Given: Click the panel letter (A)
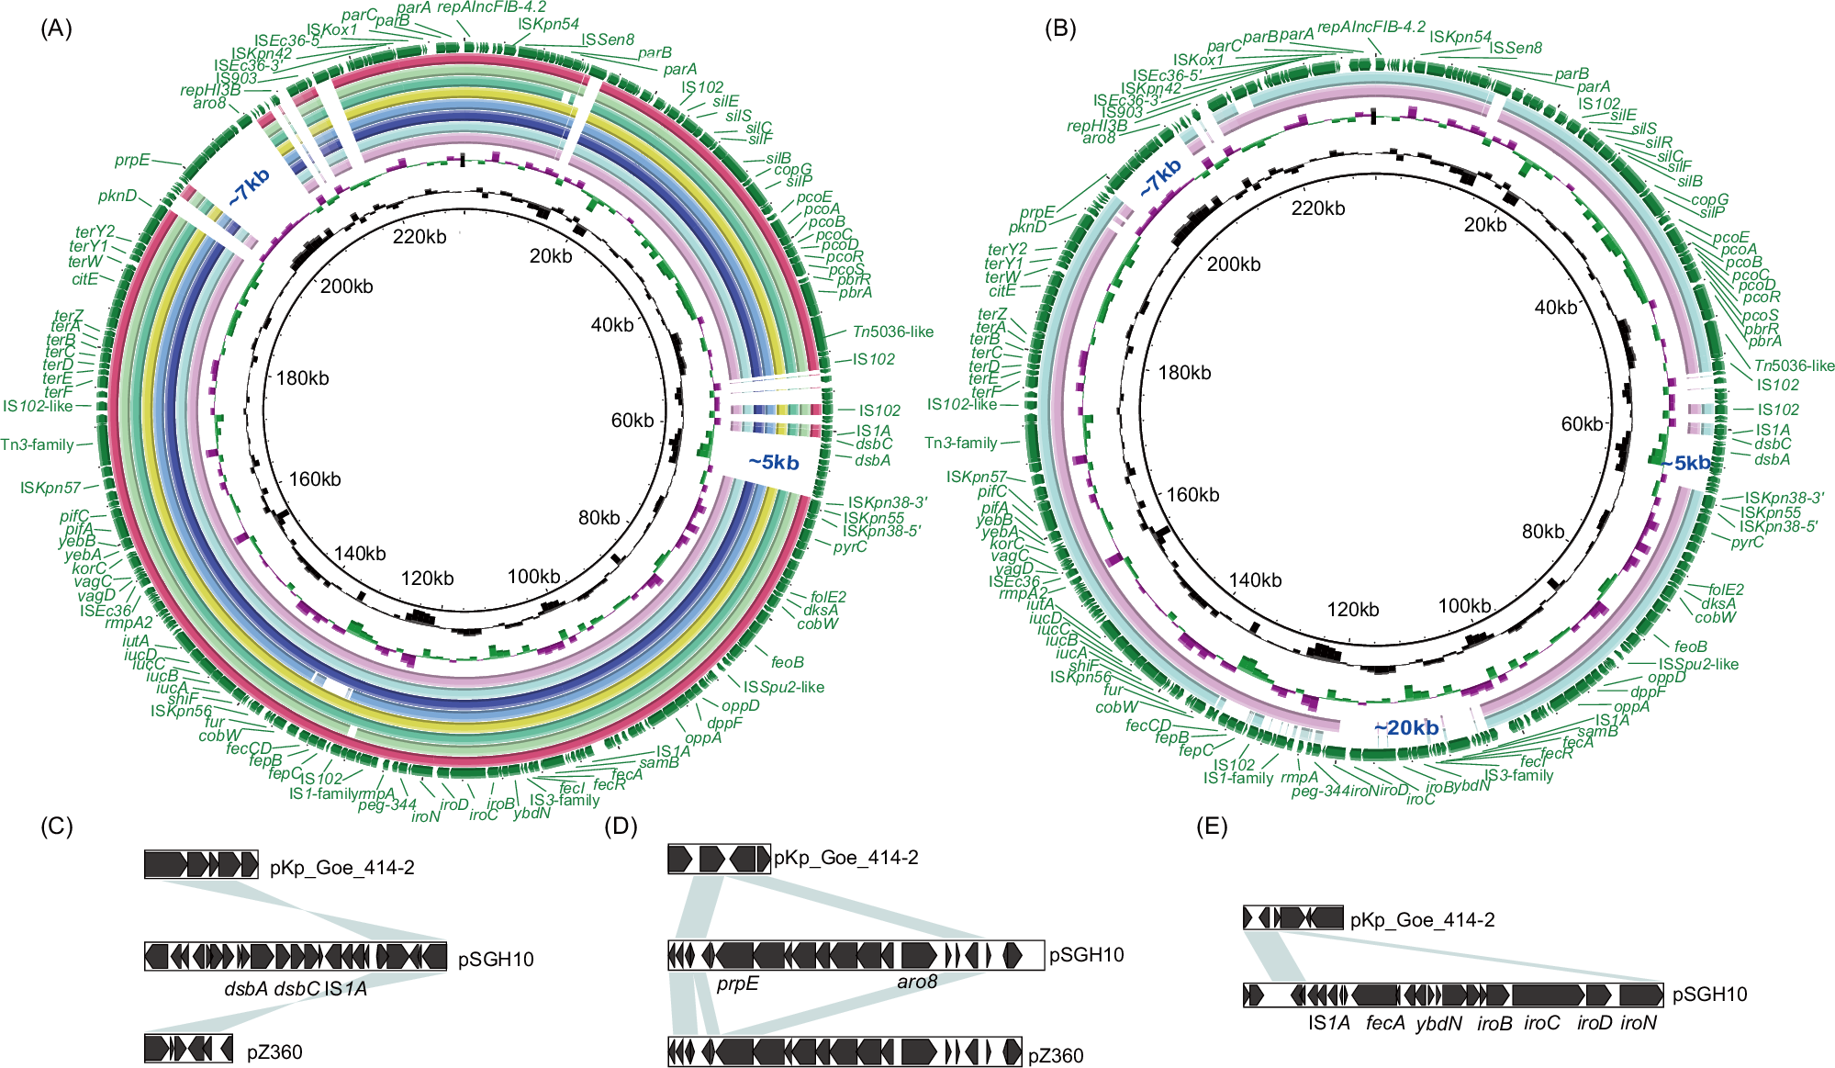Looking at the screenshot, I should [x=56, y=28].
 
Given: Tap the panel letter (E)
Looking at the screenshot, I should [x=1212, y=826].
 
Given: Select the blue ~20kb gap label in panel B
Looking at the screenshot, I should [x=1405, y=728].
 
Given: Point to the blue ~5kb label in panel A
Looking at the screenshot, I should [x=773, y=462].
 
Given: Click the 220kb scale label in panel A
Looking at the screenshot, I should [x=420, y=237].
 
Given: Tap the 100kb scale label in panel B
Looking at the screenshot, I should [x=1464, y=606].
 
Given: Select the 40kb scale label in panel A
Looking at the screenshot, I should [x=612, y=325].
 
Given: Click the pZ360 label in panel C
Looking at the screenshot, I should [x=274, y=1052].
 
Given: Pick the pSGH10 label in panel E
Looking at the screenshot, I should [x=1709, y=995].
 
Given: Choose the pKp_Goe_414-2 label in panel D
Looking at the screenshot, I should [x=845, y=858].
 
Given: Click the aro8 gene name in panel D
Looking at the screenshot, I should [x=917, y=982].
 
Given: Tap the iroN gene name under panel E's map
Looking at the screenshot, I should [x=1639, y=1023].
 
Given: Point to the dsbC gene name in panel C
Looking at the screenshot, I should [x=297, y=988].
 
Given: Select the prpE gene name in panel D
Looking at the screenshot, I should [x=738, y=984].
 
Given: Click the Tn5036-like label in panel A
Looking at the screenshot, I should [x=892, y=332].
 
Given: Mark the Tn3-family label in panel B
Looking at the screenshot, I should [x=960, y=443].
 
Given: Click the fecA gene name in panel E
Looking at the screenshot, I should [x=1385, y=1023].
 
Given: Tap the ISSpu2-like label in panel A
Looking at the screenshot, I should [x=783, y=687].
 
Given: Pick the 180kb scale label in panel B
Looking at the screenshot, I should [x=1184, y=373].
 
